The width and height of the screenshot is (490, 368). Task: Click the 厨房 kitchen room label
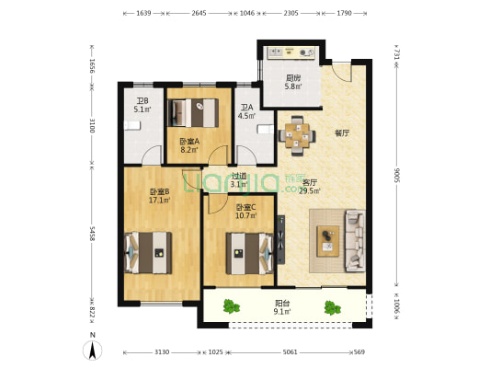[x=293, y=78]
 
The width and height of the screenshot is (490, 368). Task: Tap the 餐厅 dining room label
[x=342, y=132]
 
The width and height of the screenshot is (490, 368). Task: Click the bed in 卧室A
[x=198, y=112]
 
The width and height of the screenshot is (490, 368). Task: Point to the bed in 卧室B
[x=149, y=252]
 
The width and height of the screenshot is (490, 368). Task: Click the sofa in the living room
[x=354, y=241]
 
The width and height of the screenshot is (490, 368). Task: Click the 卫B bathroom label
[x=142, y=101]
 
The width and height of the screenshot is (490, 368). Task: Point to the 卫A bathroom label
[x=245, y=106]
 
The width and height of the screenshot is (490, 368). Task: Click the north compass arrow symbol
[x=93, y=351]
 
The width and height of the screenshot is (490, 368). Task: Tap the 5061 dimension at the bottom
[x=291, y=351]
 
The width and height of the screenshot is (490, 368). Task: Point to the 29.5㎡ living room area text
[x=311, y=191]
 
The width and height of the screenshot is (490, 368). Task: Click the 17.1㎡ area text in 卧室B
[x=159, y=200]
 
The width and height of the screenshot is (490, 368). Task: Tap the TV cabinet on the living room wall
[x=280, y=241]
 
